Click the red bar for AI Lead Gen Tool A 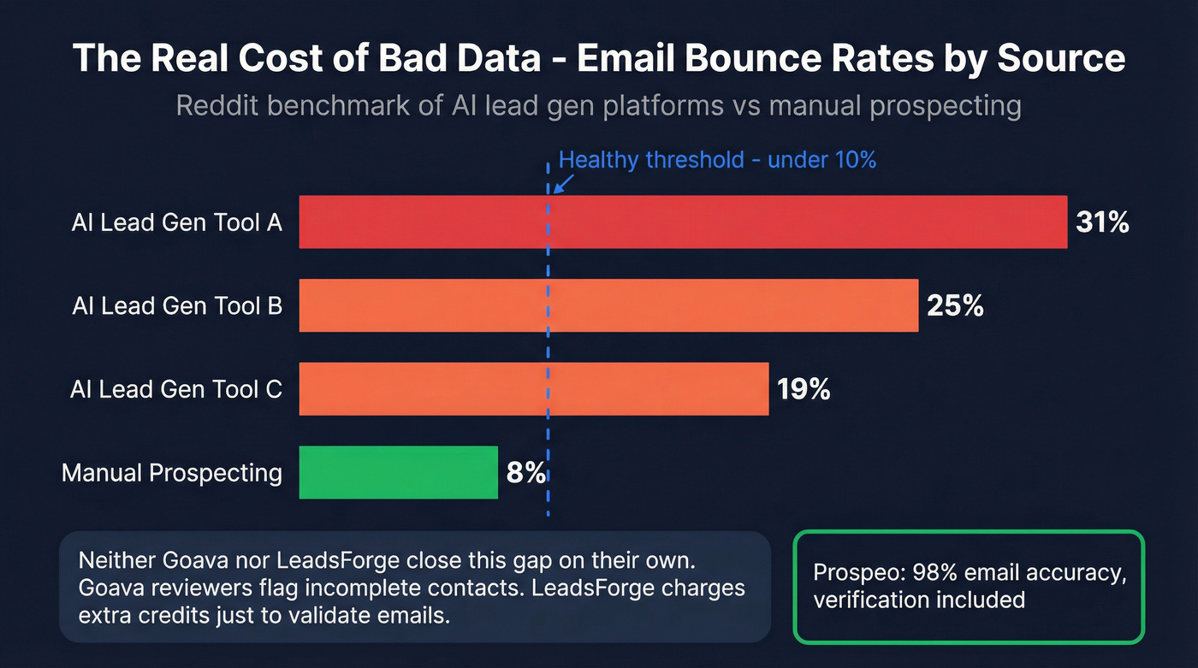[x=683, y=222]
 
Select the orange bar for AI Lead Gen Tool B [x=608, y=305]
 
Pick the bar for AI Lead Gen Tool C [x=533, y=388]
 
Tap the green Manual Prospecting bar [x=398, y=472]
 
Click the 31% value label [x=1103, y=222]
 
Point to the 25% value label [x=955, y=305]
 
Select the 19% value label [x=804, y=389]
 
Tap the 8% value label [x=525, y=472]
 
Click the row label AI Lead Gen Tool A [x=177, y=222]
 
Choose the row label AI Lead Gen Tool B [x=177, y=305]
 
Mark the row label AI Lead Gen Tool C [x=176, y=389]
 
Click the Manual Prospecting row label [x=172, y=472]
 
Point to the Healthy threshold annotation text [x=717, y=160]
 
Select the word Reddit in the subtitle [x=219, y=106]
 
